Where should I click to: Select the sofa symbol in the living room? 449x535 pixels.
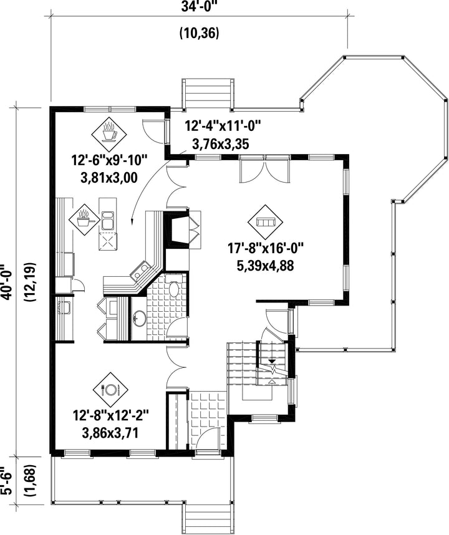(x=265, y=222)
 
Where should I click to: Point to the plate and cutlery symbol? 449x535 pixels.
(x=110, y=389)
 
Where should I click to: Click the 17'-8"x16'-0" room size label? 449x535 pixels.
(x=266, y=248)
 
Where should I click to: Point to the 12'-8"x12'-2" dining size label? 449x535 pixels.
(x=111, y=416)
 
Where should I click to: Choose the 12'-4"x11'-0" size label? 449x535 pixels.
(x=223, y=125)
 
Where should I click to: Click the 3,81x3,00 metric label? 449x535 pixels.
(x=109, y=178)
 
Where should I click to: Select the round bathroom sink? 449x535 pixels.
(x=139, y=319)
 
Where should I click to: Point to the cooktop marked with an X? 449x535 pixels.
(x=108, y=241)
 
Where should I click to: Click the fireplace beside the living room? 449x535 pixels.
(x=176, y=228)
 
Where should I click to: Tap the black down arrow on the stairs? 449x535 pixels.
(x=272, y=361)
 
